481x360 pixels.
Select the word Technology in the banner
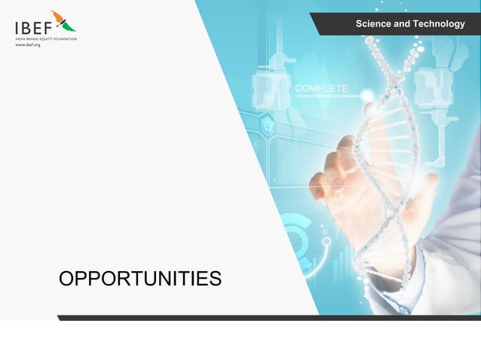coord(439,25)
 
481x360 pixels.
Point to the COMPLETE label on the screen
coord(321,89)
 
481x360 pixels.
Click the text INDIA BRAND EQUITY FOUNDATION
coord(45,38)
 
